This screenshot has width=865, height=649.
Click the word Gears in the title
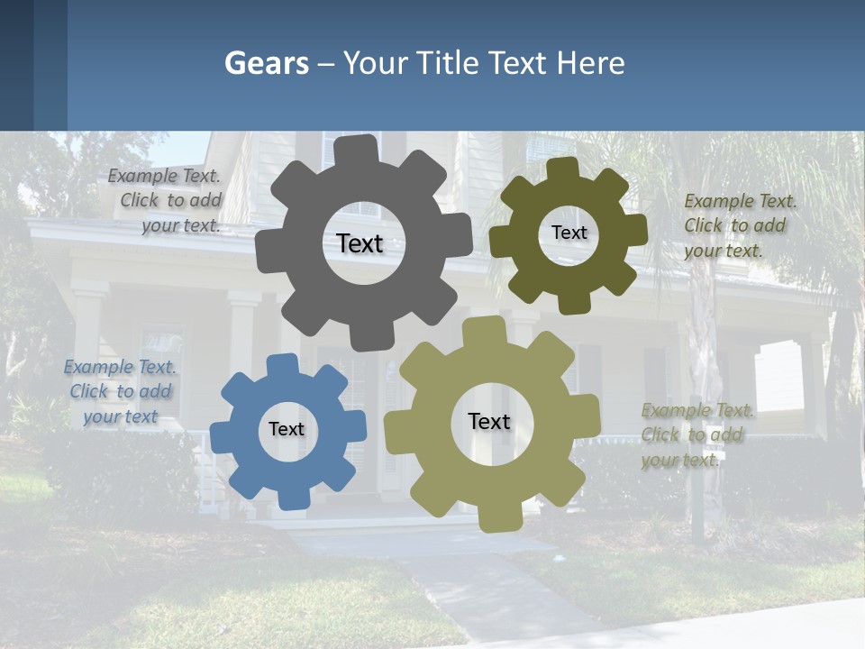(x=266, y=63)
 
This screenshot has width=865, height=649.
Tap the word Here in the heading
(x=591, y=63)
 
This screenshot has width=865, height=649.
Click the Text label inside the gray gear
(x=360, y=243)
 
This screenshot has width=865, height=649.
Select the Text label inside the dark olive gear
(x=569, y=233)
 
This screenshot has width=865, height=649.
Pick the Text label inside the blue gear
(x=287, y=429)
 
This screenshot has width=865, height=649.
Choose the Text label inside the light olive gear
(x=489, y=421)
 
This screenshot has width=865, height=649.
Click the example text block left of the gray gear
(x=168, y=201)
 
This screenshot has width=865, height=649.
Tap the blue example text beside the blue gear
(x=121, y=391)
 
